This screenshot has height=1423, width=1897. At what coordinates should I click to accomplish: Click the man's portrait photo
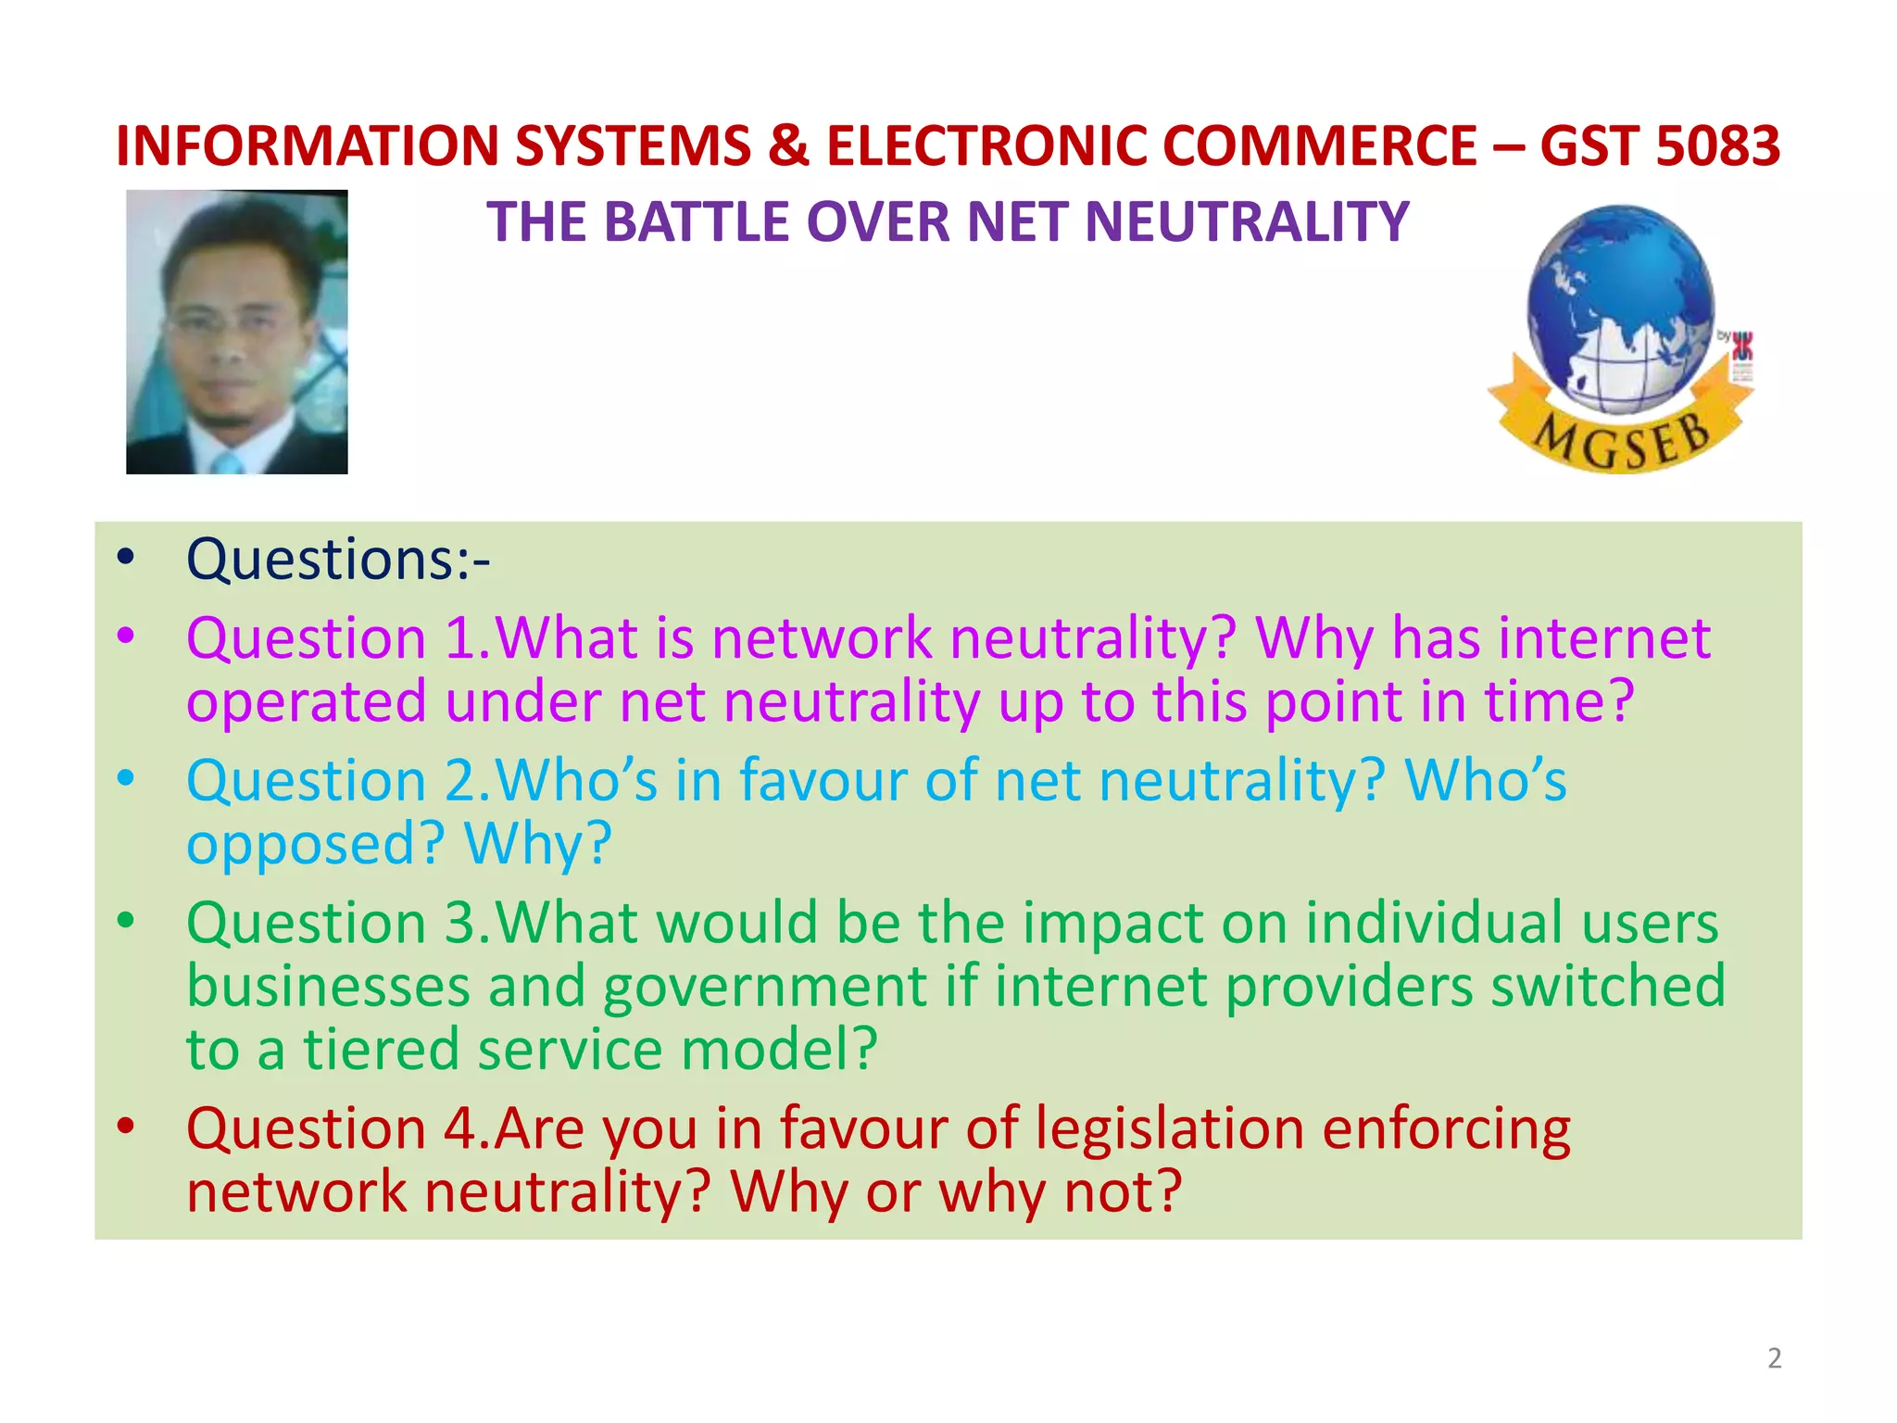coord(237,332)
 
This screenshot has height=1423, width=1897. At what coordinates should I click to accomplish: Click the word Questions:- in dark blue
coord(338,560)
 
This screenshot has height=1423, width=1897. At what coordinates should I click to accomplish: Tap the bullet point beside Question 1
coord(126,636)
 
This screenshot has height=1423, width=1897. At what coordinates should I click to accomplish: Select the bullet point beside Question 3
coord(126,921)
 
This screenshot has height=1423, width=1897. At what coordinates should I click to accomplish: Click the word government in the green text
coord(765,987)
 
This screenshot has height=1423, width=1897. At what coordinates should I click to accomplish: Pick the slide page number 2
coord(1774,1358)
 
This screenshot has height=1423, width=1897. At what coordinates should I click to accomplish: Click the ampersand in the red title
coord(788,146)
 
